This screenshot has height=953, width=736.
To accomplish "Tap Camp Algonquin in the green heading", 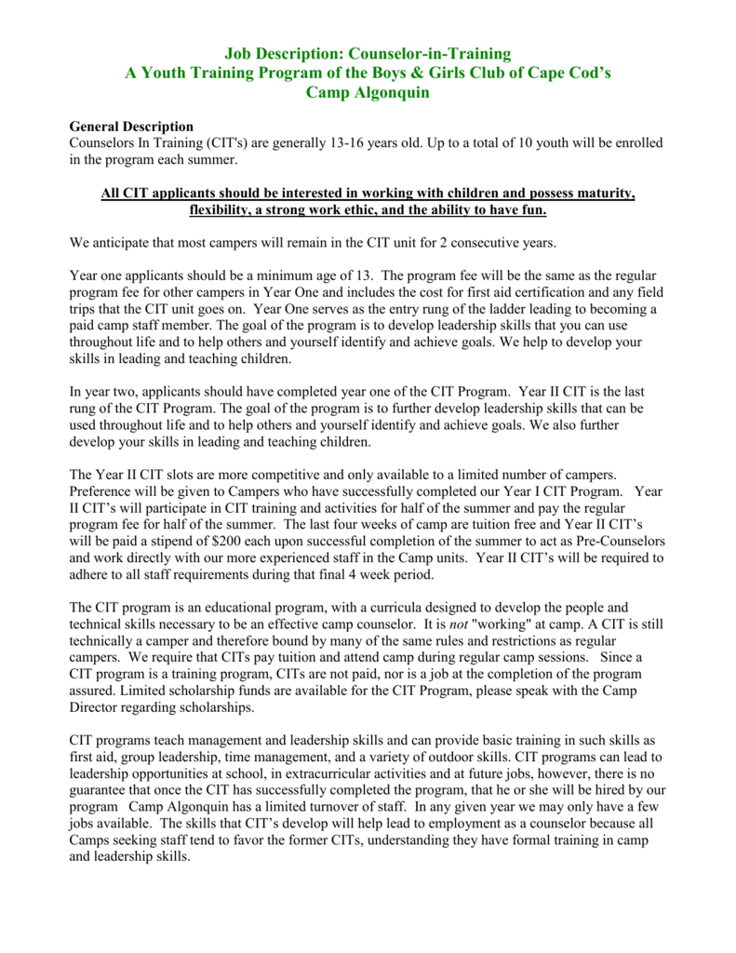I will (x=368, y=92).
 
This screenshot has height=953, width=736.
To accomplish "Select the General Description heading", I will (x=132, y=127).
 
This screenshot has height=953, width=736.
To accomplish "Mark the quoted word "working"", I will (x=518, y=624).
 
